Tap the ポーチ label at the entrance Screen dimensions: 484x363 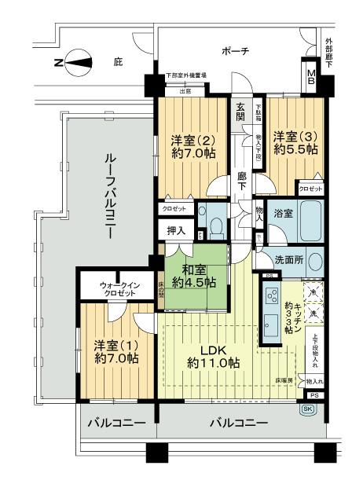[x=235, y=51]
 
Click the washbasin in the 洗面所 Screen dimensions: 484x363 [x=313, y=260]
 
